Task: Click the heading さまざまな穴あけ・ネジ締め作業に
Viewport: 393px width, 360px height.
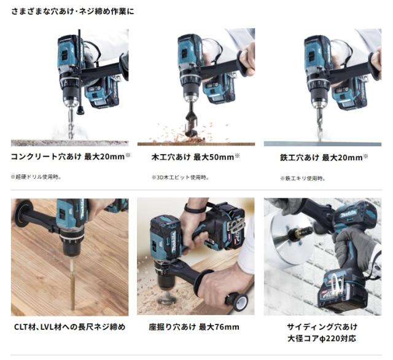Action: point(72,12)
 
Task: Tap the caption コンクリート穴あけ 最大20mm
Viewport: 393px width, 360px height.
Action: point(71,157)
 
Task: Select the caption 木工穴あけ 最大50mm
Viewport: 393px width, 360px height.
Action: point(196,157)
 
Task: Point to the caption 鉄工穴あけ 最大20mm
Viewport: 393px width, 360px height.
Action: point(324,158)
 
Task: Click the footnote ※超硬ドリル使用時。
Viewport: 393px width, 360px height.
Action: point(36,177)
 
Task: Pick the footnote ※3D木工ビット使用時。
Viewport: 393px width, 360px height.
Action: point(181,178)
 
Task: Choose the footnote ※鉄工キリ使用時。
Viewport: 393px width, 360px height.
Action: point(303,179)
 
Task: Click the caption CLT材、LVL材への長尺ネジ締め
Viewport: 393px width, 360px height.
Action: point(69,327)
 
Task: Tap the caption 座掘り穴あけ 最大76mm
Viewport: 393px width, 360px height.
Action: point(194,327)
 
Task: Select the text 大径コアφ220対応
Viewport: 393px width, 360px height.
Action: point(322,338)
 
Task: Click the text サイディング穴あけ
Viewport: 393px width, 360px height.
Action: point(322,327)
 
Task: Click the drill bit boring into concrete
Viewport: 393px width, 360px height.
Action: point(71,122)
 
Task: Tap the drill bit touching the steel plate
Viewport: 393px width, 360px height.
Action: point(319,124)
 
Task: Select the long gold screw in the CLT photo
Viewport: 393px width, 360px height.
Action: point(72,284)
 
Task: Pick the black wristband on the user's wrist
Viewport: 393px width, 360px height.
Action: point(194,209)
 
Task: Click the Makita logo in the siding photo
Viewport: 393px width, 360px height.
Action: point(348,214)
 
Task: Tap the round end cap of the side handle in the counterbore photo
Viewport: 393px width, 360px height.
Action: point(241,302)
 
